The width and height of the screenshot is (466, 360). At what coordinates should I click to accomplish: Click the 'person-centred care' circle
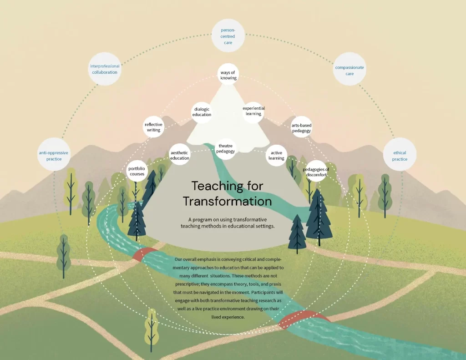pyautogui.click(x=228, y=35)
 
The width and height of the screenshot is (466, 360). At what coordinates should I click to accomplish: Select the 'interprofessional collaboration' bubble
pyautogui.click(x=105, y=69)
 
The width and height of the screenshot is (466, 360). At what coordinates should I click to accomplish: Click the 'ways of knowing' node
pyautogui.click(x=228, y=74)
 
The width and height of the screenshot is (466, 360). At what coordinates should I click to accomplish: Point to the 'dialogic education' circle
pyautogui.click(x=202, y=112)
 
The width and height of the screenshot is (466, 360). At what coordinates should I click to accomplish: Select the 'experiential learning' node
pyautogui.click(x=253, y=112)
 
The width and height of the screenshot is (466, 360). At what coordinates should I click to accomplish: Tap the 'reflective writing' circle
pyautogui.click(x=154, y=127)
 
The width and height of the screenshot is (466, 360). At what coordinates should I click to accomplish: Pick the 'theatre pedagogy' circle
pyautogui.click(x=226, y=149)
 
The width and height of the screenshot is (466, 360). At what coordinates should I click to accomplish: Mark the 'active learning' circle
pyautogui.click(x=276, y=156)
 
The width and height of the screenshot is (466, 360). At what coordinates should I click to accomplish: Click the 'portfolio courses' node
pyautogui.click(x=137, y=171)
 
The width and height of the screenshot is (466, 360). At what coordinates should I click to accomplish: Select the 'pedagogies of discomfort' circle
pyautogui.click(x=316, y=171)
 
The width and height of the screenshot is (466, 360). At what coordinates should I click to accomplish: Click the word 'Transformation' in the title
pyautogui.click(x=228, y=201)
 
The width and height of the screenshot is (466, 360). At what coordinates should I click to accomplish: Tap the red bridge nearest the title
pyautogui.click(x=145, y=254)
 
